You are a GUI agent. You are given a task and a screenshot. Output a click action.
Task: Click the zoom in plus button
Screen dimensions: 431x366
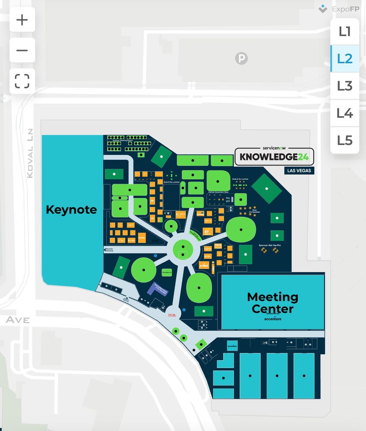[x=22, y=20]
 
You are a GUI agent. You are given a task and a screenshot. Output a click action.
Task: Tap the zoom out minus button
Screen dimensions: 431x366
[x=22, y=50]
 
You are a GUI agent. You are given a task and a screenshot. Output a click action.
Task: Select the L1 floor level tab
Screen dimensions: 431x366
[x=344, y=31]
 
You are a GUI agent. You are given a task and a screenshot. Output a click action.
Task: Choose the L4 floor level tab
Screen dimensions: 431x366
[x=344, y=113]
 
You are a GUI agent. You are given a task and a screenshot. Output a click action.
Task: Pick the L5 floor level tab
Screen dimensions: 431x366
[x=344, y=140]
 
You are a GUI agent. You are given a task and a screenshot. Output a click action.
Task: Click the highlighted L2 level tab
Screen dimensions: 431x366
[x=344, y=58]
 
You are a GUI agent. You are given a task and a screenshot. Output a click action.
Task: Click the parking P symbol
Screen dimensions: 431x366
[x=241, y=58]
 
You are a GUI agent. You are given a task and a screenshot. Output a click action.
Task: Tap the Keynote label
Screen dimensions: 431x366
[x=71, y=210]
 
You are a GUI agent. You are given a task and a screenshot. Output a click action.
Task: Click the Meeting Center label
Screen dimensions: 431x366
[x=272, y=302]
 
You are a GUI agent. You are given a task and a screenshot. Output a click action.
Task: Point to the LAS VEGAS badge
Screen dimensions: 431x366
[x=300, y=170]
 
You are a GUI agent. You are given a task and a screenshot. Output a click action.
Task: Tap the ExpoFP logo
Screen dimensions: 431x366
[x=339, y=9]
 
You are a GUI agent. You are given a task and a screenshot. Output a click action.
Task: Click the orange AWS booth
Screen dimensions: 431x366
[x=218, y=245]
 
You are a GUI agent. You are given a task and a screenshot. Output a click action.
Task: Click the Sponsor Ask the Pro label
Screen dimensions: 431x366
[x=270, y=245]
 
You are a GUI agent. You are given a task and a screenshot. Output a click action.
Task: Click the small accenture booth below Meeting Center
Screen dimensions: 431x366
[x=232, y=345]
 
